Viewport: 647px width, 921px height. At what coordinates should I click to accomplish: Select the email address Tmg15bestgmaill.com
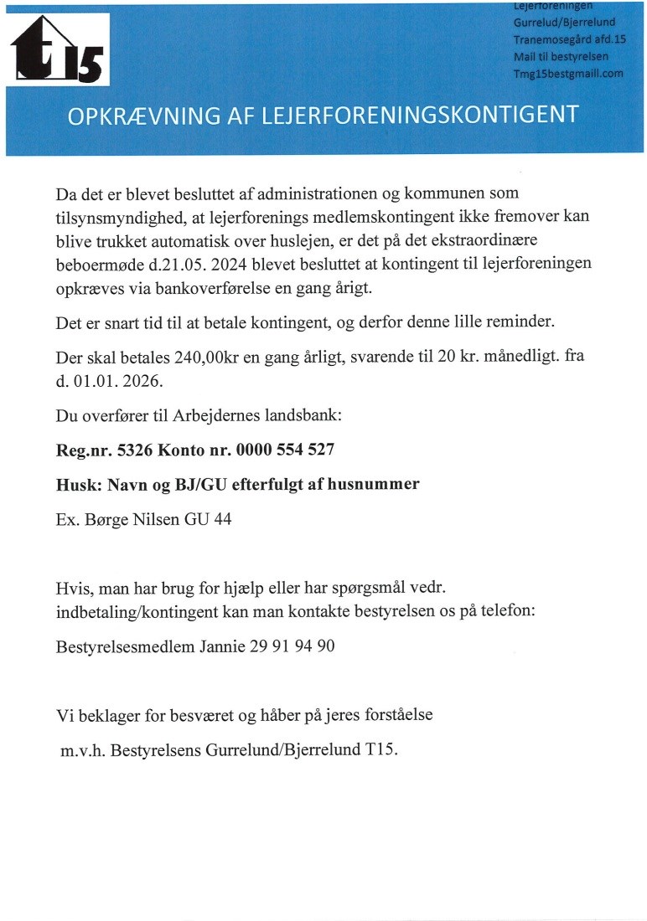[568, 74]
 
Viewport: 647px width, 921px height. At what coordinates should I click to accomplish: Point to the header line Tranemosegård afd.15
[570, 39]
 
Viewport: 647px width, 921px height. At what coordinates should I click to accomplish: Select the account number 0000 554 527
[285, 450]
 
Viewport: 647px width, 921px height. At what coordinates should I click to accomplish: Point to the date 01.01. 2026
[121, 380]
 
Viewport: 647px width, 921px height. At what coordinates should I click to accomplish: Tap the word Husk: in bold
[76, 485]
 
